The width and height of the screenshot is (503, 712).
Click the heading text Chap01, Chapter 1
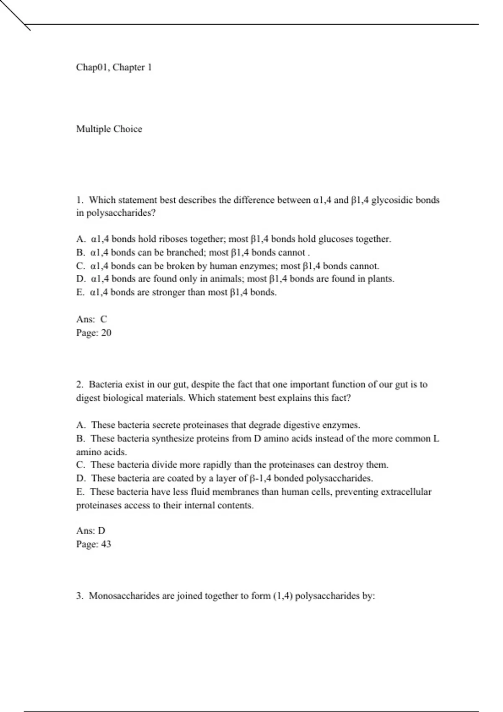click(x=114, y=67)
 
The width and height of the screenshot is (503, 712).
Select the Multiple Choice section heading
click(x=109, y=129)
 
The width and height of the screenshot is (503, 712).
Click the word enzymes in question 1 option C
click(x=257, y=266)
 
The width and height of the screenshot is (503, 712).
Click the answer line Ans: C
click(x=91, y=319)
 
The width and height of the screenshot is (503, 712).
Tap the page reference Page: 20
click(x=93, y=333)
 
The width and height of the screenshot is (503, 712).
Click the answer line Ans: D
click(x=91, y=531)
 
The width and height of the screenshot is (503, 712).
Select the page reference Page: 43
click(x=93, y=544)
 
